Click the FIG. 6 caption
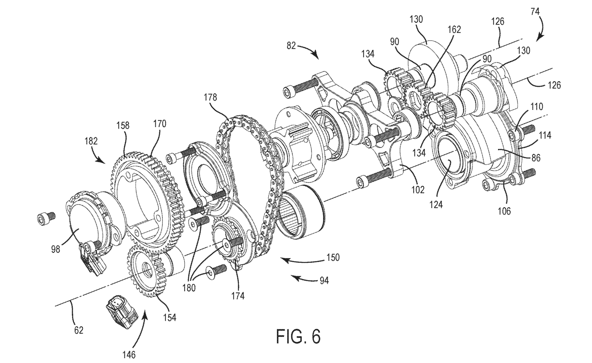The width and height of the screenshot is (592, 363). [298, 336]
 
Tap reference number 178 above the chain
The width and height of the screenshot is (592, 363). [210, 97]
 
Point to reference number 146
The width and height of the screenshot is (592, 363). [129, 355]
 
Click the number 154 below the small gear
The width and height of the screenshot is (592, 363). [169, 317]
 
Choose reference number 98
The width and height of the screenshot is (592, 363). [56, 249]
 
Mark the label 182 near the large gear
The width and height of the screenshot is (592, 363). [91, 141]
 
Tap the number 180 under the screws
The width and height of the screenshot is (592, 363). [189, 288]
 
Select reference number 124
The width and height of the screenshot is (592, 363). [436, 204]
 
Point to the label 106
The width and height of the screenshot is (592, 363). [504, 211]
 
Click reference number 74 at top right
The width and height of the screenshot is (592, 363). [535, 11]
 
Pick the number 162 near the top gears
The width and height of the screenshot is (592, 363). [454, 30]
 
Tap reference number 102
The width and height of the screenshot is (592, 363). [418, 189]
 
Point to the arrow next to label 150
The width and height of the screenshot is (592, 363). [303, 260]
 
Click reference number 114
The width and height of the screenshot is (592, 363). [545, 135]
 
